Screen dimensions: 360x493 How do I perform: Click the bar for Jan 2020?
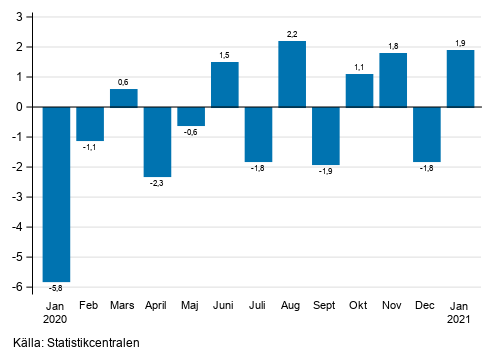(x=56, y=194)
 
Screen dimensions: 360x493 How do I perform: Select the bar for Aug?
(x=292, y=74)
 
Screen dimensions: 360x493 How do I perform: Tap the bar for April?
(x=157, y=141)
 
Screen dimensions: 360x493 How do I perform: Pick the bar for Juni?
(x=225, y=84)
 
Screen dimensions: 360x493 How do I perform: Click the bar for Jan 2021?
(x=460, y=78)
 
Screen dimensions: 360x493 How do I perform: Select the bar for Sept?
(x=326, y=135)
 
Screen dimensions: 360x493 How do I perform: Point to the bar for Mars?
(x=124, y=98)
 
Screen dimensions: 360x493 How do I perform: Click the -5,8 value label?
(x=56, y=289)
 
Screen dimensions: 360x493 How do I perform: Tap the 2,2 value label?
(x=292, y=34)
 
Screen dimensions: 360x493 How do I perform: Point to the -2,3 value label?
(x=157, y=183)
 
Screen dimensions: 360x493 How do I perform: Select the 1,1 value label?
(x=359, y=67)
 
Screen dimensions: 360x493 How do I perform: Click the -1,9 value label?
(x=326, y=171)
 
